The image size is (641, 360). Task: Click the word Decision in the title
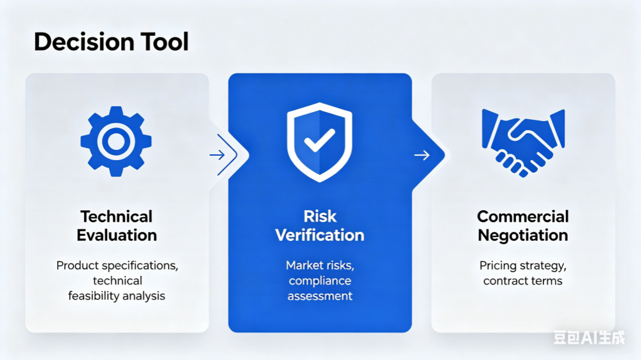[84, 42]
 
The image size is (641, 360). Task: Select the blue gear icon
[116, 142]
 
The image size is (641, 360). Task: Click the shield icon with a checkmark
[320, 142]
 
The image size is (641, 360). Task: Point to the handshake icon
[523, 143]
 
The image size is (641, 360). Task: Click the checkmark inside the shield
[319, 140]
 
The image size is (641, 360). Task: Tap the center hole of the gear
[116, 142]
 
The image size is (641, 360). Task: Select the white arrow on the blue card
[422, 155]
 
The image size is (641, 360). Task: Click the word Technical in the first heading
[117, 217]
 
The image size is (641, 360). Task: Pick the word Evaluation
[117, 235]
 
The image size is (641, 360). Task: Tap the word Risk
[320, 216]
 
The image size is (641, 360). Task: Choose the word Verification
[320, 235]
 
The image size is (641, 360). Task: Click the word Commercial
[523, 217]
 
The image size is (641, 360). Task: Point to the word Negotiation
[523, 235]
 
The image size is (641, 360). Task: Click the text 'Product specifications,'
[117, 266]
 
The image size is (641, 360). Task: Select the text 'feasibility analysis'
[117, 296]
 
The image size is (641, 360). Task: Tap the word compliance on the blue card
[320, 281]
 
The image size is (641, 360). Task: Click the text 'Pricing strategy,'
[523, 266]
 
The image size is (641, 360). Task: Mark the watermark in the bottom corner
[589, 338]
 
